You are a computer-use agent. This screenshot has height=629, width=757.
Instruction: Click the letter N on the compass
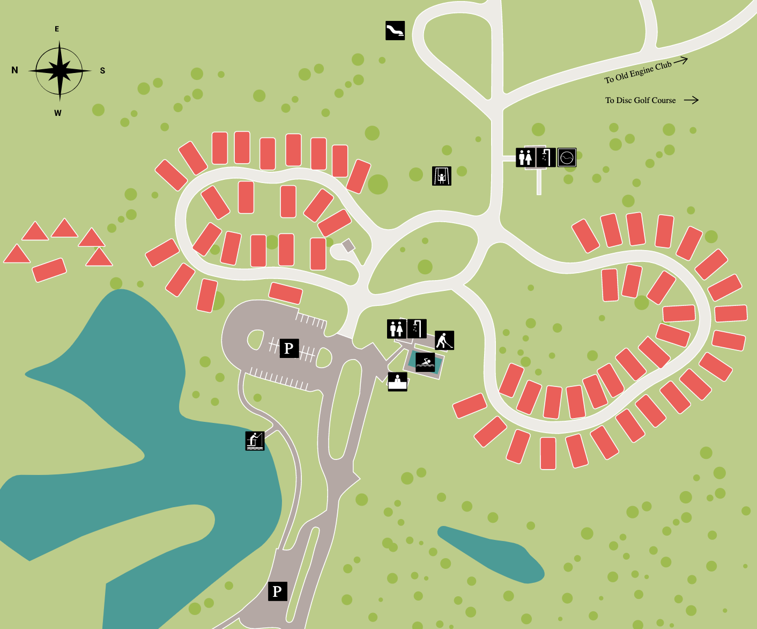14,70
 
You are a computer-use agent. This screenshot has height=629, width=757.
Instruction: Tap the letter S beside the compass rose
102,70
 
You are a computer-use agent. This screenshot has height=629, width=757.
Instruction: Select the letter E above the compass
57,29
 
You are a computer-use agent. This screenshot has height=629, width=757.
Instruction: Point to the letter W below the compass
58,113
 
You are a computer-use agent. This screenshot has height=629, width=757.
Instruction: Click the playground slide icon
395,31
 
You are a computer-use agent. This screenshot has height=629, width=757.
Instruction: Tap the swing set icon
442,176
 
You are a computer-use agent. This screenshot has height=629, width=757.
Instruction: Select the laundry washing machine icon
567,157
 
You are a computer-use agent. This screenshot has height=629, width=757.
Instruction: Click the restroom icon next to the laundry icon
525,157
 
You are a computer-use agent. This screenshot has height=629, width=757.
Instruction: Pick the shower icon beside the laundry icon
546,157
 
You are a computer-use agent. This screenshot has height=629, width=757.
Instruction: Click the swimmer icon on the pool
425,363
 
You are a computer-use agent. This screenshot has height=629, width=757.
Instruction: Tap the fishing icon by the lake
255,441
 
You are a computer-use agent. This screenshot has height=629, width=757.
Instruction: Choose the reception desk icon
397,382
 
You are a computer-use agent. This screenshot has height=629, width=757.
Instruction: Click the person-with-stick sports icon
444,340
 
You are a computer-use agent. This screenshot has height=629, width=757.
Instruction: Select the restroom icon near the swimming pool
397,328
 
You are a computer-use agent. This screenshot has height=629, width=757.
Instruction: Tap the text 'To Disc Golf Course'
640,100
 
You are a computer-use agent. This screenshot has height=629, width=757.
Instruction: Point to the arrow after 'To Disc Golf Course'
691,100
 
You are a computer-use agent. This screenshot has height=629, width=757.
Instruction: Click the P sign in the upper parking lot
289,348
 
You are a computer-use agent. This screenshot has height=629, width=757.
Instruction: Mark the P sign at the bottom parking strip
277,591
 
